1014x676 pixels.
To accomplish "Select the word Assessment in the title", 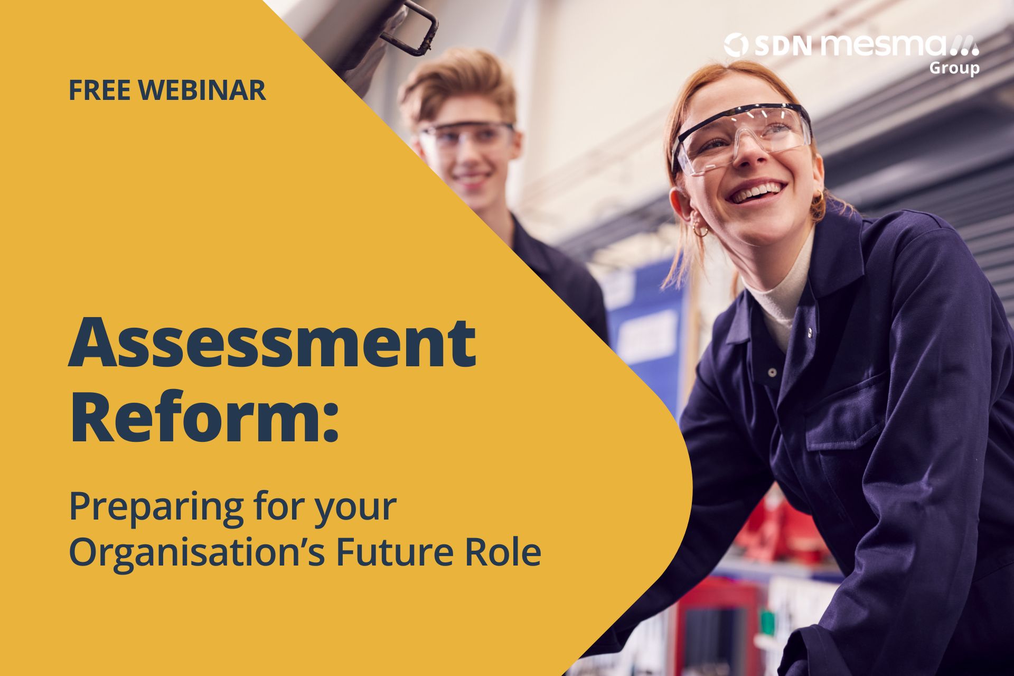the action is [273, 342].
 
